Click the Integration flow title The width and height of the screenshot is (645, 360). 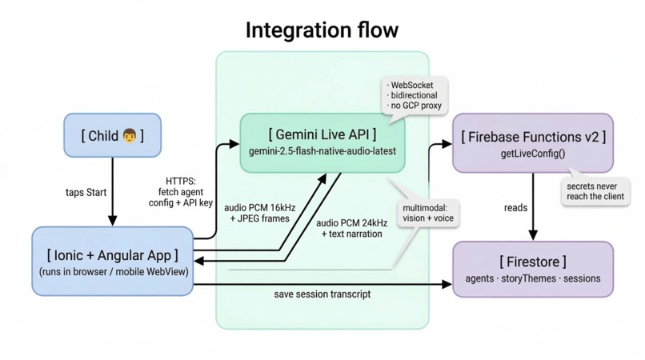322,30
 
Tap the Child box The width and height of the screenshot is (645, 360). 112,135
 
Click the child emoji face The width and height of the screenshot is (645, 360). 130,136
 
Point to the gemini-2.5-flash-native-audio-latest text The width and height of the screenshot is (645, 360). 322,151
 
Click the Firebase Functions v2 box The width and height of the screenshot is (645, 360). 533,143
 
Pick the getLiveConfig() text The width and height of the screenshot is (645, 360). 533,154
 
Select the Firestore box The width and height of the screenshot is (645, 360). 533,269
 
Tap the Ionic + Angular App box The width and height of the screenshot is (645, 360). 112,262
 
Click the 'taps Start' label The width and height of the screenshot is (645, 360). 86,193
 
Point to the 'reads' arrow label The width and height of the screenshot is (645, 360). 515,208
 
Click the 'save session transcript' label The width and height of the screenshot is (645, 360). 322,294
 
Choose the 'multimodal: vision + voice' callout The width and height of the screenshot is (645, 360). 427,212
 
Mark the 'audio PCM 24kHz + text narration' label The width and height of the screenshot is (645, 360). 351,229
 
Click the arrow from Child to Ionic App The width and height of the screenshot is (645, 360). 112,192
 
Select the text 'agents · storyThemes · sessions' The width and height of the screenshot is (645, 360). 533,279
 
